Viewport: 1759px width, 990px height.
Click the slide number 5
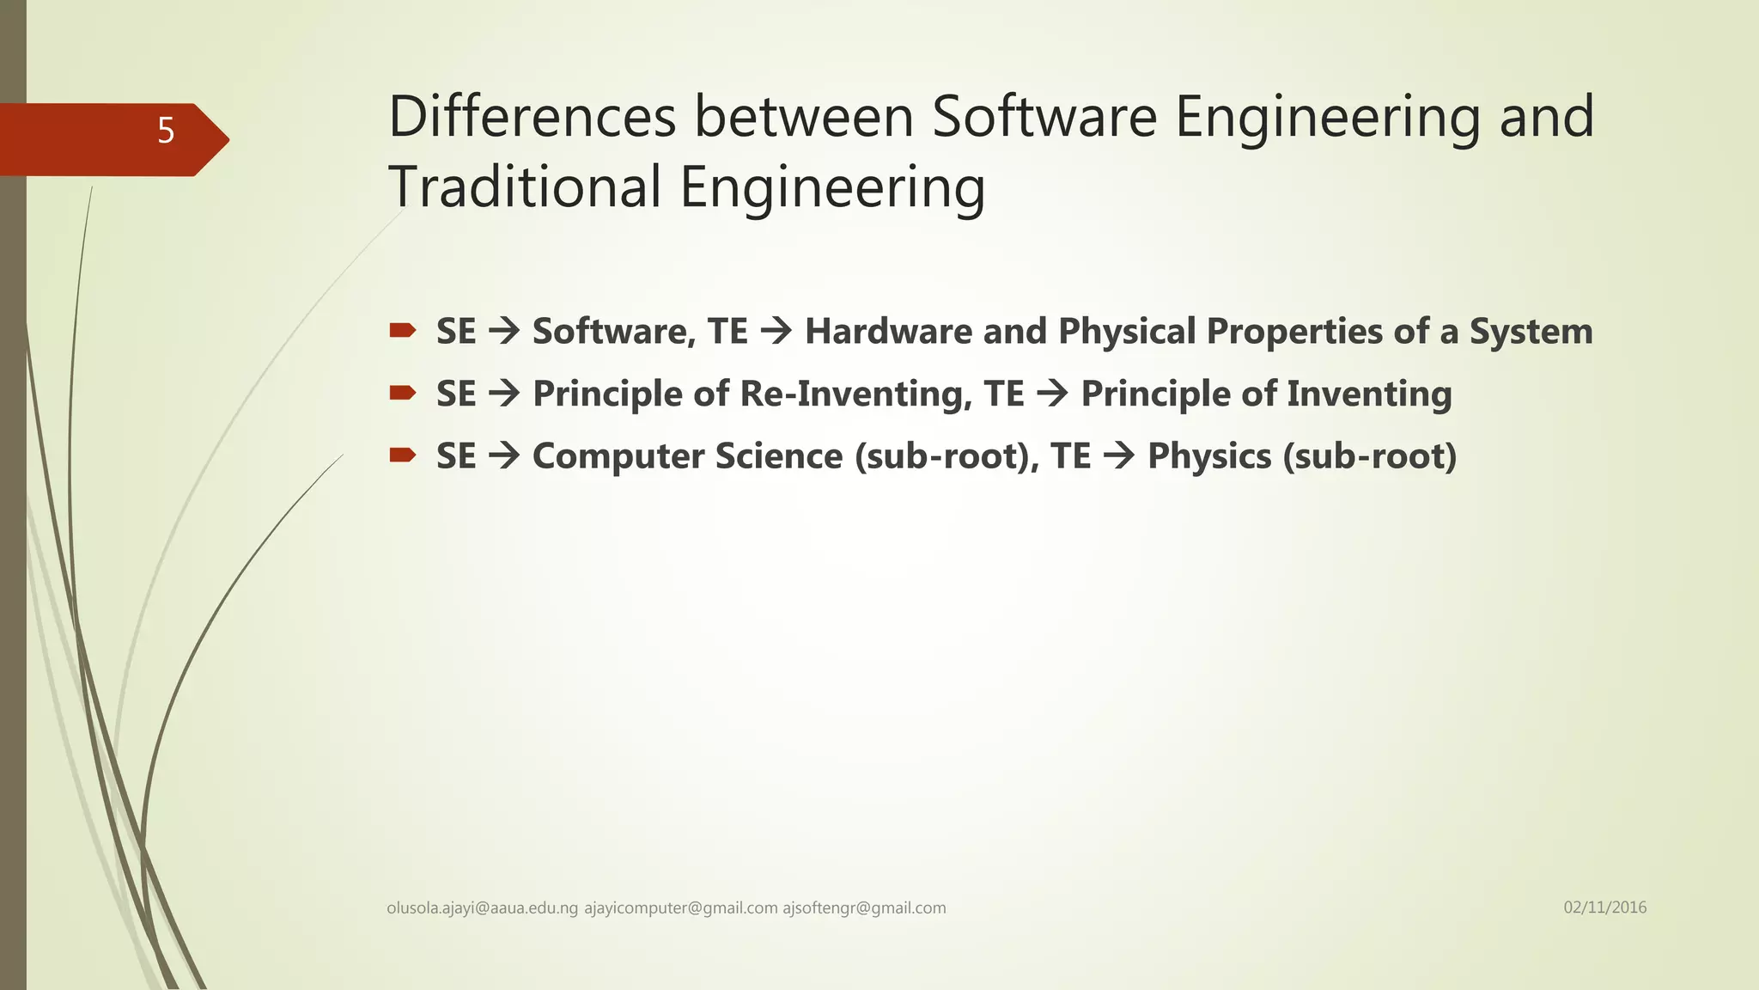[166, 131]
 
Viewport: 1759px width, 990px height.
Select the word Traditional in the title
[525, 187]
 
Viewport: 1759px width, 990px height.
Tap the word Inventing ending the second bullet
[1369, 394]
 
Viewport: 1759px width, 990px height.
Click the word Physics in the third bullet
[1209, 456]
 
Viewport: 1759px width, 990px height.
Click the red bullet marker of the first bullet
[402, 331]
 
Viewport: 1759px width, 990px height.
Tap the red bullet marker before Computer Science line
[402, 455]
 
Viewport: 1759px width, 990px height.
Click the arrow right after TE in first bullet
[776, 332]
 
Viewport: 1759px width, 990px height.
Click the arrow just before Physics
[1119, 456]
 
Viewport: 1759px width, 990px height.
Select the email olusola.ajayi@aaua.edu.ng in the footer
[483, 908]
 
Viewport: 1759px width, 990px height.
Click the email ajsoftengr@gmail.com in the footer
[864, 908]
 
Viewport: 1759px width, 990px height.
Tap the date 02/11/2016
[1604, 907]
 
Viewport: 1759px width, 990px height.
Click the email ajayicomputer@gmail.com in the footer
[681, 908]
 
